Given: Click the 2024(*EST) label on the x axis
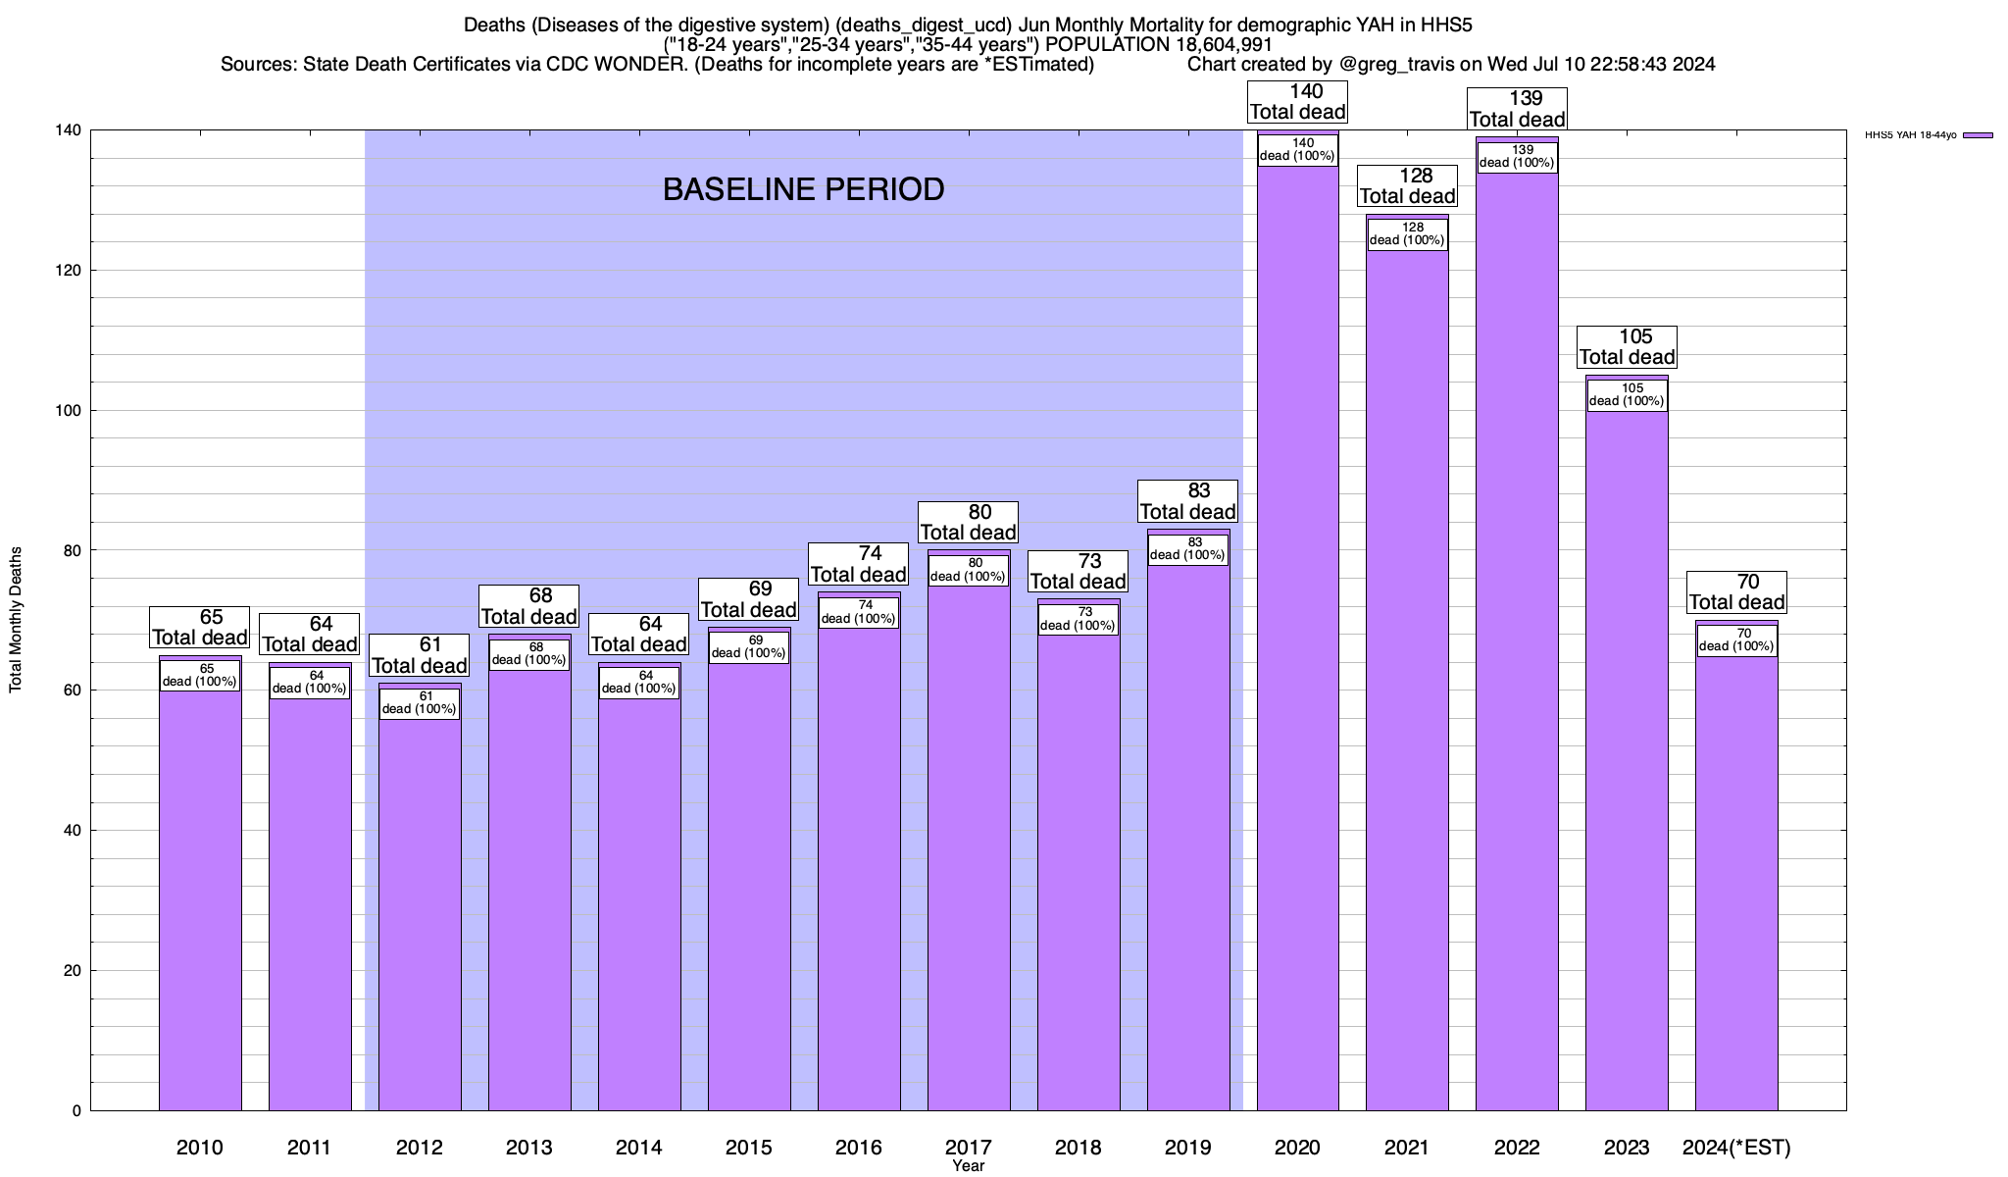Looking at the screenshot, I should pyautogui.click(x=1735, y=1148).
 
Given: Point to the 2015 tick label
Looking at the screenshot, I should pyautogui.click(x=748, y=1148).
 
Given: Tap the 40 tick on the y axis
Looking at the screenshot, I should pyautogui.click(x=73, y=831).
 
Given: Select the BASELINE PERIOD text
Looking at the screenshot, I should pyautogui.click(x=803, y=189).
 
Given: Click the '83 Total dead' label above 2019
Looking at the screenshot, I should pyautogui.click(x=1187, y=501).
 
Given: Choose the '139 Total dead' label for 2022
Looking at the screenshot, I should pyautogui.click(x=1517, y=109).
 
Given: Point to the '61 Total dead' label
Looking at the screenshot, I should pyautogui.click(x=420, y=655).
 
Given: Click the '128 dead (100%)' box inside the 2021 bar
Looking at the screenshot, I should pyautogui.click(x=1407, y=233).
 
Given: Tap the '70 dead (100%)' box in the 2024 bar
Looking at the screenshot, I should pyautogui.click(x=1736, y=640).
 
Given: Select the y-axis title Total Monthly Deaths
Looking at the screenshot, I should pyautogui.click(x=16, y=620).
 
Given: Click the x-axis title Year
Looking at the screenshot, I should pyautogui.click(x=968, y=1166).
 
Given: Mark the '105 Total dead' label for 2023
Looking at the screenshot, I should pyautogui.click(x=1627, y=347).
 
